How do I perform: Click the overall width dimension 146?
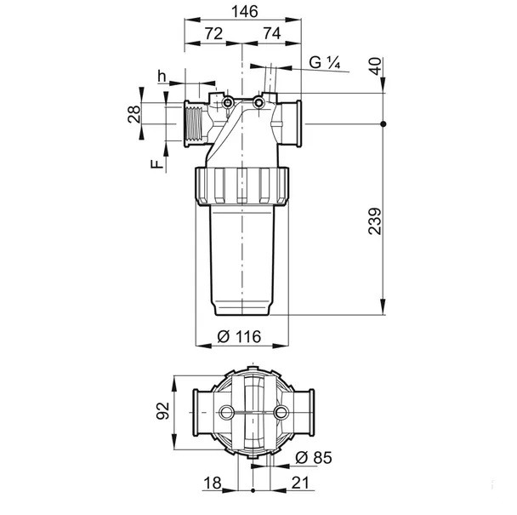click(x=244, y=12)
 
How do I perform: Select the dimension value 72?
click(x=213, y=33)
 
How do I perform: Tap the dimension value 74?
click(x=272, y=33)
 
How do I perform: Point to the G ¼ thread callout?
click(x=325, y=62)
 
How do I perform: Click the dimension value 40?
click(x=375, y=66)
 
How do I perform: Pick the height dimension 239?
click(x=375, y=221)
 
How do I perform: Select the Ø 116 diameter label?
click(x=240, y=336)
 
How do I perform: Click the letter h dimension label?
click(x=162, y=77)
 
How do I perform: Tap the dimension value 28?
click(x=134, y=114)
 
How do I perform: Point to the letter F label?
click(x=157, y=164)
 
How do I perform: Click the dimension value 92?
click(x=162, y=411)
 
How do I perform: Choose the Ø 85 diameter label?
click(x=314, y=457)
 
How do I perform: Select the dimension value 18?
click(x=213, y=483)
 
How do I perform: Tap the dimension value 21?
click(x=300, y=483)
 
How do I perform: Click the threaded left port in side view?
click(x=193, y=123)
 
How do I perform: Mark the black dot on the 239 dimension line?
click(x=383, y=124)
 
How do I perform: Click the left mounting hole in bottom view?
click(x=226, y=412)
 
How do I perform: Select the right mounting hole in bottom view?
click(x=281, y=412)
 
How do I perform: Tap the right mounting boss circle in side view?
click(x=258, y=103)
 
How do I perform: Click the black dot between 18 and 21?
click(x=253, y=490)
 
